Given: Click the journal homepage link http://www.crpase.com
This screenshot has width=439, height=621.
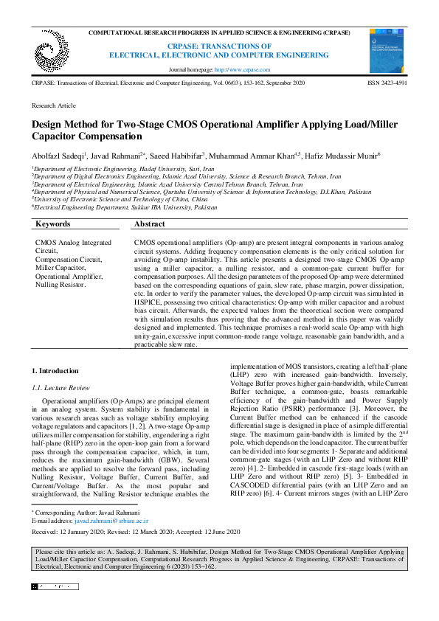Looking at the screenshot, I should (242, 69).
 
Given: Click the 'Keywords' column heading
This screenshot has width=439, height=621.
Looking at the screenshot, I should (53, 223).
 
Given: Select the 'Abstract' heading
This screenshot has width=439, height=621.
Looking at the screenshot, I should (150, 223).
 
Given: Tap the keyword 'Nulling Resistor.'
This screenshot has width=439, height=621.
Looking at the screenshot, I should (61, 284).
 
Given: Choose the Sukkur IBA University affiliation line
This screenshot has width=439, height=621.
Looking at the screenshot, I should (124, 207).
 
